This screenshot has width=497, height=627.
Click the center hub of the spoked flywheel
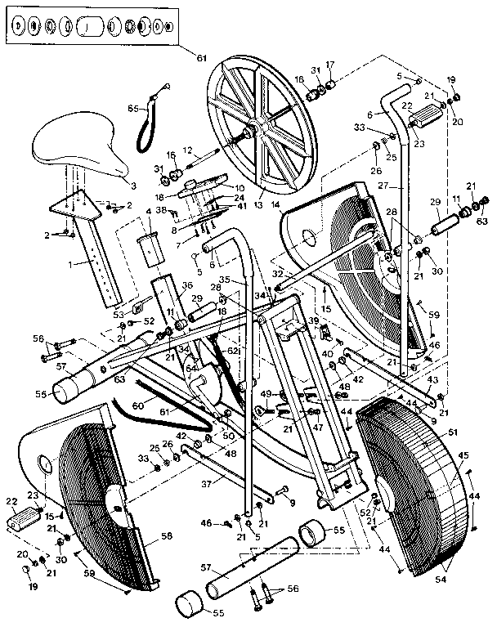[252, 131]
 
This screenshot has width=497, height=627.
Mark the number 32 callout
[279, 274]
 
